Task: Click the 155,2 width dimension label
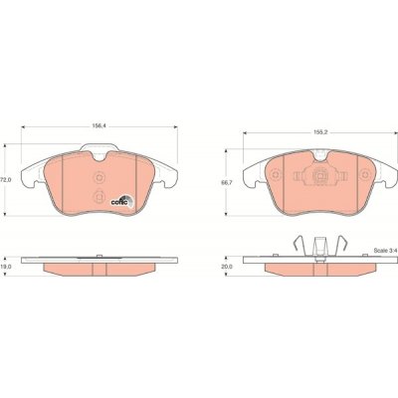320,132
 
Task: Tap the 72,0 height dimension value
6,179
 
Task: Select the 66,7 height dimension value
226,182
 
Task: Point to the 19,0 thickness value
7,266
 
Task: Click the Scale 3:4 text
385,251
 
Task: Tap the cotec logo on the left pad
121,201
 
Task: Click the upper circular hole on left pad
99,177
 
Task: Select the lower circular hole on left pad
99,197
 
